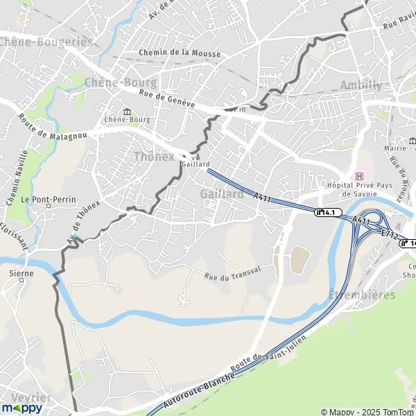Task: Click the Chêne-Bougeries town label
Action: tap(46, 42)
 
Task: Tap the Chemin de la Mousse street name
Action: tap(180, 53)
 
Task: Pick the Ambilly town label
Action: tap(361, 85)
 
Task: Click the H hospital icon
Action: tap(359, 176)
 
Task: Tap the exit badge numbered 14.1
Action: tap(328, 212)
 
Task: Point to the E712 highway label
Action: tap(389, 236)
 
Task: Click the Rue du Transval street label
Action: tap(232, 272)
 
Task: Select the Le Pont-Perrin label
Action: tap(47, 200)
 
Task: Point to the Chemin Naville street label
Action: tap(16, 178)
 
